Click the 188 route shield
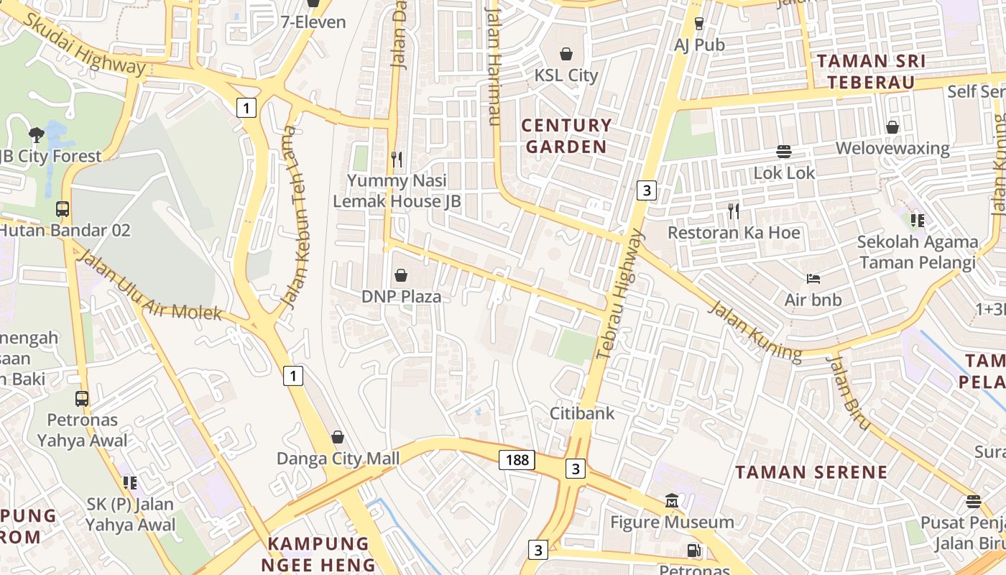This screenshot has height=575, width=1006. click(x=517, y=460)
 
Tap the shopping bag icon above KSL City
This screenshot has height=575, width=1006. click(x=566, y=54)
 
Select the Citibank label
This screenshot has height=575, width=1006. click(x=582, y=413)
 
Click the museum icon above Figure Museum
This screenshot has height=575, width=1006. click(x=671, y=500)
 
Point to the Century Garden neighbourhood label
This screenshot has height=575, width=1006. click(x=566, y=136)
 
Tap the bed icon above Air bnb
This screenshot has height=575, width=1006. click(x=813, y=279)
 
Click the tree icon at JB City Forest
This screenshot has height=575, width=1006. click(x=36, y=134)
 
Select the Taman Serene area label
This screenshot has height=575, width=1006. click(x=811, y=472)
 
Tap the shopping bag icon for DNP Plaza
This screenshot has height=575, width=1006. click(x=401, y=275)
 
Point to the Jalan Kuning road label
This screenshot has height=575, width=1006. click(x=754, y=331)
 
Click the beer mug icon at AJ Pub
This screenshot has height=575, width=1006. click(x=699, y=24)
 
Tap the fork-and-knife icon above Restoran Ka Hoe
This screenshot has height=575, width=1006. click(x=733, y=211)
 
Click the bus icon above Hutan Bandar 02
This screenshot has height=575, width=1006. click(x=63, y=209)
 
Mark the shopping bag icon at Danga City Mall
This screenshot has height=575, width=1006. click(x=337, y=437)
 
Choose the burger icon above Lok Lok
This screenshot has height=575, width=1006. click(x=784, y=152)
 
